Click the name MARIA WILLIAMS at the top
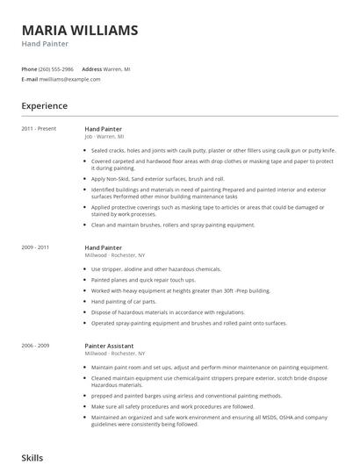point(80,31)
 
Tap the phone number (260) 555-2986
point(58,68)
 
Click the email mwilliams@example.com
point(70,79)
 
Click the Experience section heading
point(45,106)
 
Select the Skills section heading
point(32,457)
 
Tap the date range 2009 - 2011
point(36,248)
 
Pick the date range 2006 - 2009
point(36,346)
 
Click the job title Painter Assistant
point(109,346)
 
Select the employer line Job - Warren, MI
point(104,137)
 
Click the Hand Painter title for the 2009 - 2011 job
point(104,248)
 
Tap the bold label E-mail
point(30,79)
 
